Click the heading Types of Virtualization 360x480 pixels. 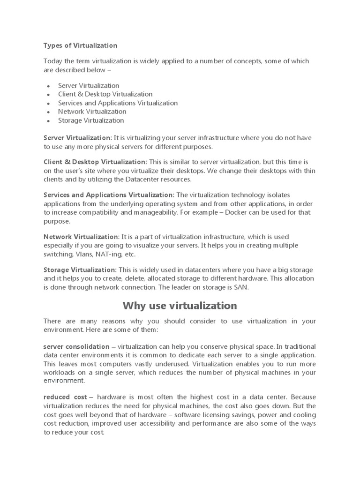coord(80,45)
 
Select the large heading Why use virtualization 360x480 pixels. coord(180,306)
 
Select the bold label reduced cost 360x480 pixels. coord(65,397)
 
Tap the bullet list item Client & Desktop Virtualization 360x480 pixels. coord(105,94)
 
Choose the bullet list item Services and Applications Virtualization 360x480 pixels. coord(118,103)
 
